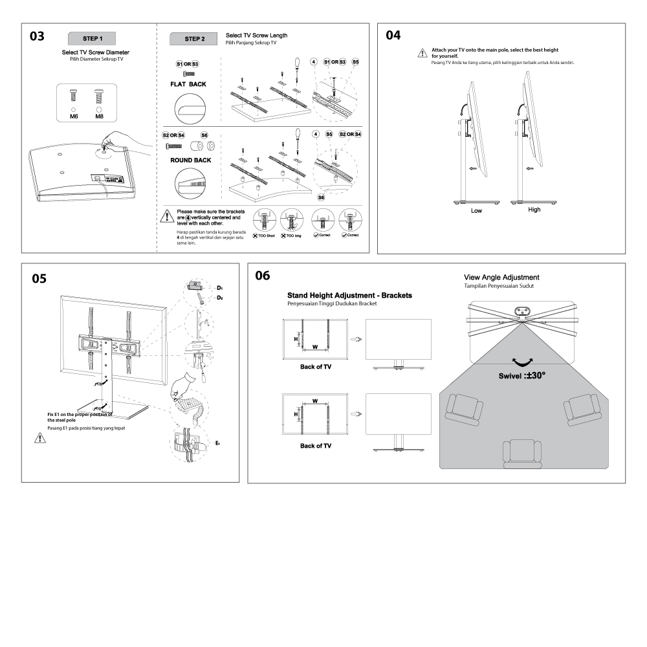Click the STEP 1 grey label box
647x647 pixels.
[93, 38]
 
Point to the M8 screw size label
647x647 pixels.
[99, 117]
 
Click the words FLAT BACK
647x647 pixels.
[188, 85]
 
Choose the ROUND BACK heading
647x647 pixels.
[190, 160]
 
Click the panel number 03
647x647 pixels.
[38, 36]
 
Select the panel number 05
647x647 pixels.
[39, 279]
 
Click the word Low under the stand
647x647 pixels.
[477, 211]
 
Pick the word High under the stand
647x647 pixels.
[534, 210]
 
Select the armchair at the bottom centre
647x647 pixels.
[523, 452]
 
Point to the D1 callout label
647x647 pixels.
[219, 287]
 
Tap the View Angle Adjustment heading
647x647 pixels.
[501, 277]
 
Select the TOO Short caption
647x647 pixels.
[265, 236]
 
